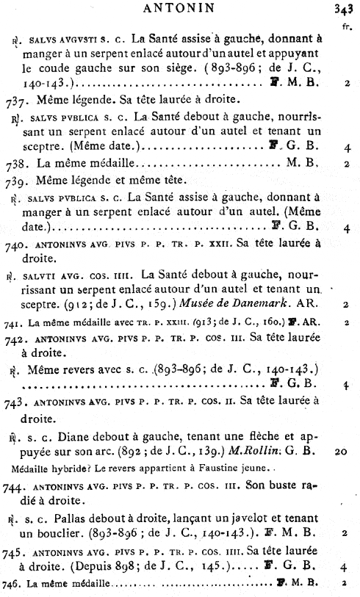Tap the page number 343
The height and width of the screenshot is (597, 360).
click(x=345, y=10)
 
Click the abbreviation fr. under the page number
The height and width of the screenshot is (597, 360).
click(x=347, y=27)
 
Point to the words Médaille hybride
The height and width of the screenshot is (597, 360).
click(x=47, y=468)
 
